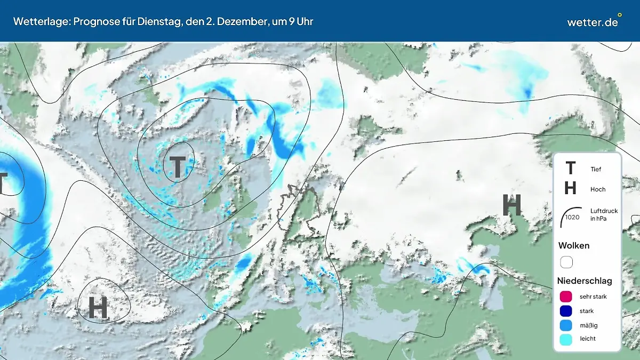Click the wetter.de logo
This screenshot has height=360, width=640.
point(593,22)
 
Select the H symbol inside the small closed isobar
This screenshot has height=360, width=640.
point(98,308)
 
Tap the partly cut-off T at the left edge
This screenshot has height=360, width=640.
point(3,183)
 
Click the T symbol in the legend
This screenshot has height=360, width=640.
point(570,169)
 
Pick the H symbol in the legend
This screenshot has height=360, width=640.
point(570,189)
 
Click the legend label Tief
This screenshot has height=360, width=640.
point(596,170)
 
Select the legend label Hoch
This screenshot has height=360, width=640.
point(598,189)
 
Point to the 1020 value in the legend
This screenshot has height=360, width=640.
point(573,218)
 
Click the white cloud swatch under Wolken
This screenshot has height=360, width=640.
point(566,262)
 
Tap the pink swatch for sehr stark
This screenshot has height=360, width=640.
point(566,297)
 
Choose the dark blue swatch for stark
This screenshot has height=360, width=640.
point(566,311)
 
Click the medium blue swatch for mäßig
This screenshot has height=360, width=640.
point(566,325)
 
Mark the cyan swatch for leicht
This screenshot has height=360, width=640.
point(566,339)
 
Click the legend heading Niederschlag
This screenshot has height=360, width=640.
point(585,281)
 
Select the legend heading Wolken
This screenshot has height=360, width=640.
point(574,246)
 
